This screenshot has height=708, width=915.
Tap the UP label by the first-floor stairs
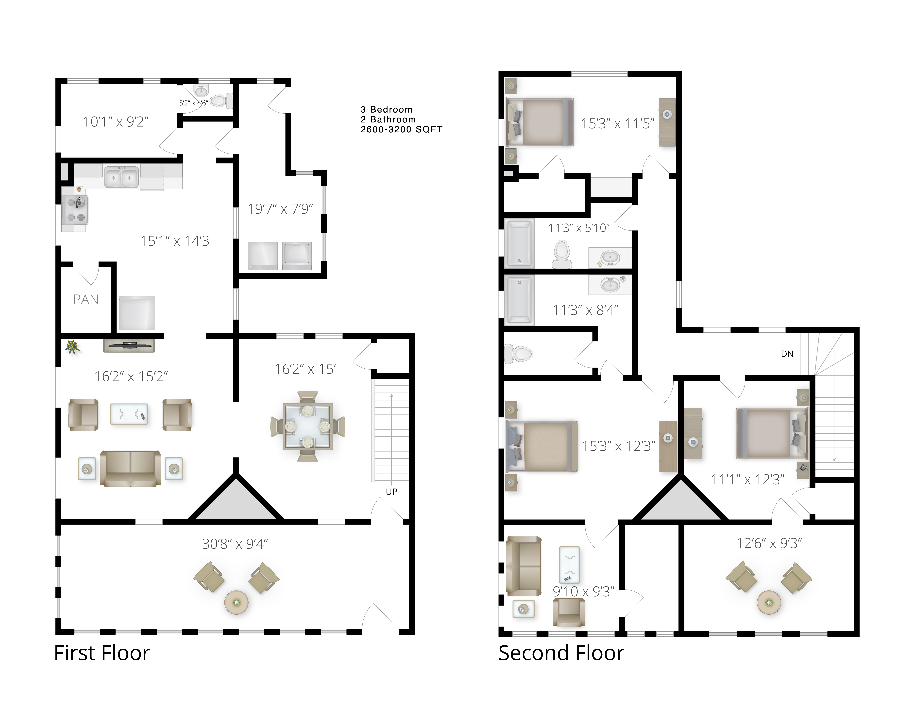391,492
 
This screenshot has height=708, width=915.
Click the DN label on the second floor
787,354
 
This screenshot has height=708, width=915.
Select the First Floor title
102,653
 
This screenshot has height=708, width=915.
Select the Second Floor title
561,653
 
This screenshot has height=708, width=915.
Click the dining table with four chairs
308,427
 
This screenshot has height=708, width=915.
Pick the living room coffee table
129,414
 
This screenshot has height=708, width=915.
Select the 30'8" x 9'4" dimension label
235,544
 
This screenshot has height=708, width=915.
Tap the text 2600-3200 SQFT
401,130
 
